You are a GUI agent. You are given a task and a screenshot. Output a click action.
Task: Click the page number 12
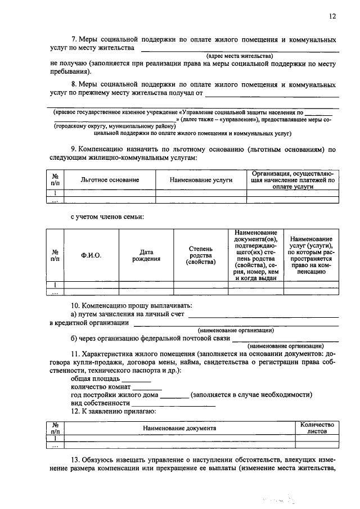coord(332,17)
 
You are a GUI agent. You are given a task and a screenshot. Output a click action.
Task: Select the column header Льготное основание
coord(110,179)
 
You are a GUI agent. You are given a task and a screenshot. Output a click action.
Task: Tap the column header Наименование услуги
coord(200,179)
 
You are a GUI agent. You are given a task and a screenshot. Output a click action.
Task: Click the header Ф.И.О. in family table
coord(91,255)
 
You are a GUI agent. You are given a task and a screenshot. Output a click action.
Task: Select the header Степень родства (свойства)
coord(200,255)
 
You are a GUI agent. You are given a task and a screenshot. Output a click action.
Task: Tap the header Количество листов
coord(317,428)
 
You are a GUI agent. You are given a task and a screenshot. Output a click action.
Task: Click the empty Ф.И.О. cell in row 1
coord(91,285)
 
